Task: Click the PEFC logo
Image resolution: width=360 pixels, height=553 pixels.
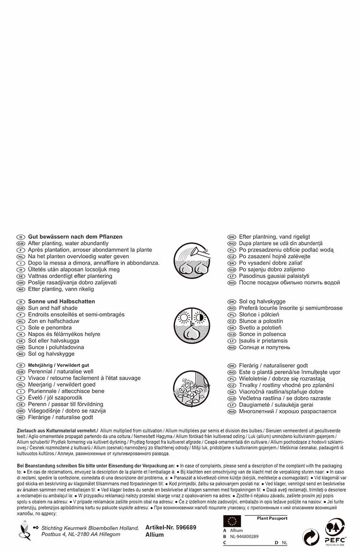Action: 335,531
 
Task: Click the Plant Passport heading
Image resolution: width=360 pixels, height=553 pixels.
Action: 272,518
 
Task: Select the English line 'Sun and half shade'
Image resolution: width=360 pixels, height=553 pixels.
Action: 53,308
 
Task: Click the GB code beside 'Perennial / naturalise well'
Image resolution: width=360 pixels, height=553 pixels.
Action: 21,372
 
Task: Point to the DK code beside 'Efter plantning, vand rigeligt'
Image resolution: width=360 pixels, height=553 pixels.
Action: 231,237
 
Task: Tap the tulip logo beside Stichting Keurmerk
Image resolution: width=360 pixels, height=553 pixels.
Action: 23,530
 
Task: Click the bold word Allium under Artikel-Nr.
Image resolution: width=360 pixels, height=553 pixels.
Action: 155,535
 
